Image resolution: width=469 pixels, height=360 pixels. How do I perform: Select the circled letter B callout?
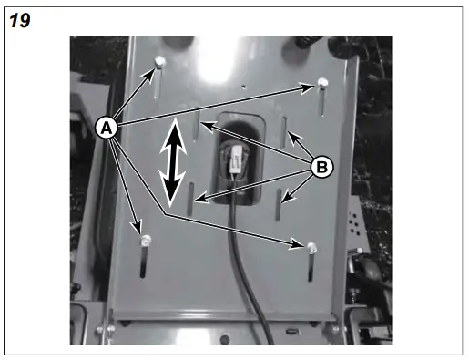[321, 166]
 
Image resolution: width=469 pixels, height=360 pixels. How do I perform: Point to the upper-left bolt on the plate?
[159, 60]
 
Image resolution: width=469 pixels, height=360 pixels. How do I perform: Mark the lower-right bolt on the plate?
[311, 247]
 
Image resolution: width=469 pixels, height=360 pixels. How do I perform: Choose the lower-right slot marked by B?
[280, 202]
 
